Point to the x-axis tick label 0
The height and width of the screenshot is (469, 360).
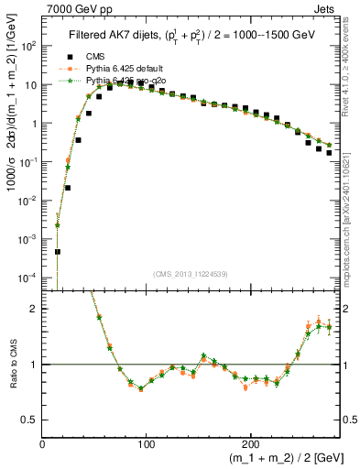(42, 443)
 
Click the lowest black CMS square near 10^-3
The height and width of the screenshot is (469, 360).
(58, 251)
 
